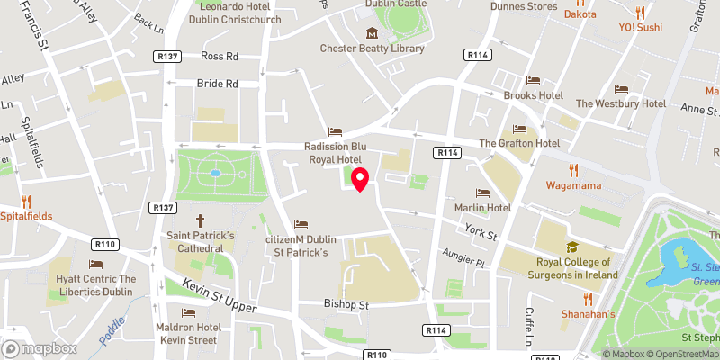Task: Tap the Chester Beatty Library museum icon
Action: (370, 34)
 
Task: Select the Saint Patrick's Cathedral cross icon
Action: (200, 220)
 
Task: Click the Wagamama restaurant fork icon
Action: (572, 171)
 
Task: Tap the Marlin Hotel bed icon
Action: (482, 193)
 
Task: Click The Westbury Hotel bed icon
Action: (621, 89)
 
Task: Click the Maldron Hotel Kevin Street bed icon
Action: (188, 312)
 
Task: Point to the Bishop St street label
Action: (346, 305)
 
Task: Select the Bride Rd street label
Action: (217, 84)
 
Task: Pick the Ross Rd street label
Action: (219, 56)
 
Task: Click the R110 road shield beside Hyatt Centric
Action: (105, 244)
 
